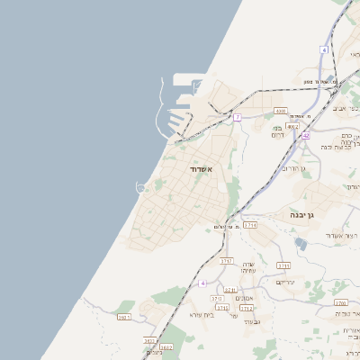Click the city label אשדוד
pos(200,168)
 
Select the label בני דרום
pos(277,130)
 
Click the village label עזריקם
pos(285,282)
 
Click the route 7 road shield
pos(238,117)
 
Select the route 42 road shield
pos(306,136)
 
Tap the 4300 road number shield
pos(281,111)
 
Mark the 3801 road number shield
pos(124,317)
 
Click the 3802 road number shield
pos(165,346)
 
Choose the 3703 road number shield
pos(216,298)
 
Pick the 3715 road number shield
pos(283,265)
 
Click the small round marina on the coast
pos(141,187)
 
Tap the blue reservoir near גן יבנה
pos(301,242)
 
